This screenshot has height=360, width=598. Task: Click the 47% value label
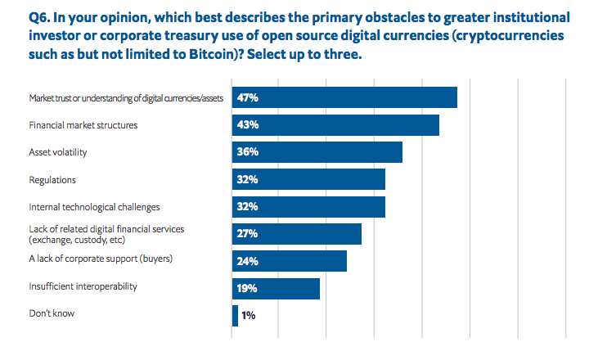[x=247, y=97]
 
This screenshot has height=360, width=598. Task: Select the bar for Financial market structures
[x=335, y=125]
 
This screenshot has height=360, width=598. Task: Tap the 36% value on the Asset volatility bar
[x=247, y=152]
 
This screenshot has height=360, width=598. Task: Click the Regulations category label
[x=52, y=179]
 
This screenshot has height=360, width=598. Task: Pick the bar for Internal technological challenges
[x=308, y=206]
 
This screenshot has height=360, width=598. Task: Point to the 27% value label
[x=247, y=234]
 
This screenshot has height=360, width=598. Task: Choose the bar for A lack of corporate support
[x=290, y=261]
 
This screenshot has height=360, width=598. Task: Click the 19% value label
[x=247, y=288]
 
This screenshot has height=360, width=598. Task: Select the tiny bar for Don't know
[x=235, y=315]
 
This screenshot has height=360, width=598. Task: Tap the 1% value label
[x=250, y=315]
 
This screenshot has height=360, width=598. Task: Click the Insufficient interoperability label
[x=83, y=286]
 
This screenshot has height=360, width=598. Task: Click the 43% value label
[x=247, y=125]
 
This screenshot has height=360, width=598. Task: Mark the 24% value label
[x=247, y=261]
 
